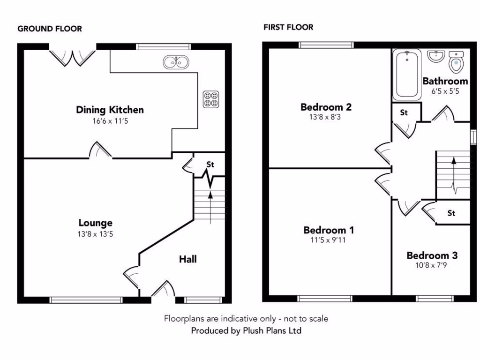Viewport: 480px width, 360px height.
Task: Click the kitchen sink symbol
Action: [x=176, y=61]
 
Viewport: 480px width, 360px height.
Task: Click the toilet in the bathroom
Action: [x=455, y=62]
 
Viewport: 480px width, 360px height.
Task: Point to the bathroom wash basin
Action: [x=436, y=57]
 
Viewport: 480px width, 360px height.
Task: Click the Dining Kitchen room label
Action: [x=110, y=110]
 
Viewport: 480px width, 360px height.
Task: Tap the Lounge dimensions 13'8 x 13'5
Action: [x=96, y=233]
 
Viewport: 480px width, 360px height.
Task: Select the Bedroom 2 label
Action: [x=326, y=107]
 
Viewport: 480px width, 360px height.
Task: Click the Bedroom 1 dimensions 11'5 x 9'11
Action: [x=328, y=240]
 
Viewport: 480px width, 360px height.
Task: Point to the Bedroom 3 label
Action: [x=432, y=255]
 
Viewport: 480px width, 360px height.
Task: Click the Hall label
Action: [x=187, y=259]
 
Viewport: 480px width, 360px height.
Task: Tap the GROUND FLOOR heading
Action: [x=50, y=29]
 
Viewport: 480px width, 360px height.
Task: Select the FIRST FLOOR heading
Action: [x=288, y=27]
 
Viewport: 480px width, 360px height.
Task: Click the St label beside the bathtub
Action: [x=404, y=112]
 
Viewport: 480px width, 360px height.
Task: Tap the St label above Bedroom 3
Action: [x=451, y=213]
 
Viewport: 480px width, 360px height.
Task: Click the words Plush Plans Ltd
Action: [x=271, y=330]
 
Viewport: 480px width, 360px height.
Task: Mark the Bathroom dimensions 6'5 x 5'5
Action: [x=445, y=91]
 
